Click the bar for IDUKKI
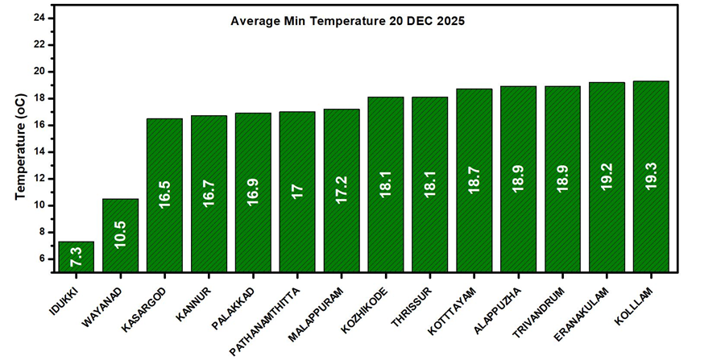click(x=77, y=256)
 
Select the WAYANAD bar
click(x=120, y=235)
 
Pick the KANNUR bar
click(x=209, y=193)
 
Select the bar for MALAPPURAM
click(x=342, y=190)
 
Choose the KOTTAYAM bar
click(x=474, y=180)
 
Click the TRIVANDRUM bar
click(x=563, y=179)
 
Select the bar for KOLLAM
click(x=652, y=176)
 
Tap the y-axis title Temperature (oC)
click(x=20, y=146)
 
